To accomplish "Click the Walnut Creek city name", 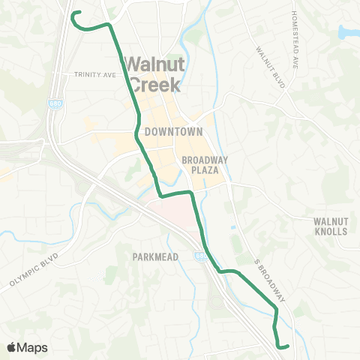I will point(153,74).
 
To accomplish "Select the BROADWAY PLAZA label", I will point(199,165).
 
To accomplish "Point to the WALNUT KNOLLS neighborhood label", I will point(331,226).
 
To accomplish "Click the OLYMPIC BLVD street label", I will point(34,275).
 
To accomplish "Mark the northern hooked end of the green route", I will point(73,13).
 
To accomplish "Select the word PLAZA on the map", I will point(199,170).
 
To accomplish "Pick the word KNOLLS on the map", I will point(331,231).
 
